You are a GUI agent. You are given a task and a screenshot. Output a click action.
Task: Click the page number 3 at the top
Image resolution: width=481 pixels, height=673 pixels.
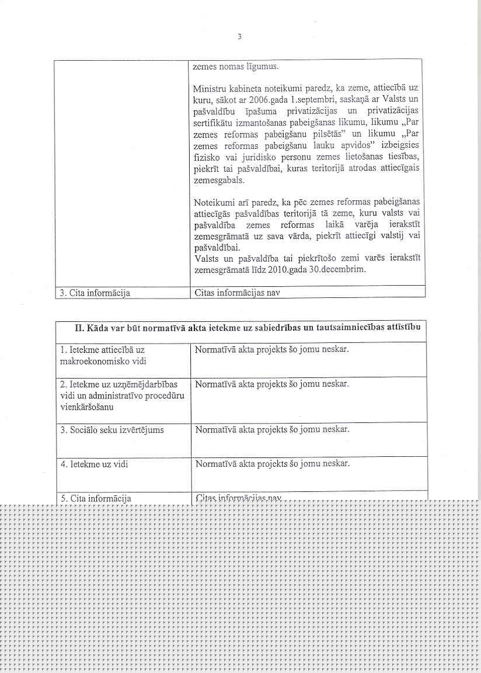point(239,37)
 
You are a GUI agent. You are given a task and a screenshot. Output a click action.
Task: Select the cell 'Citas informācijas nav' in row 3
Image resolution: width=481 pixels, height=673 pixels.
point(236,293)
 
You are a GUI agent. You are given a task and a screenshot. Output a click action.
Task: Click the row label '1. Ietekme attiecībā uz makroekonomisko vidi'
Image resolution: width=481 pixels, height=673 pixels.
point(102,355)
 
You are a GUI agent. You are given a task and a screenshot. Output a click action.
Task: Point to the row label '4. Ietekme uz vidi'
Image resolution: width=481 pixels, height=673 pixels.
point(94,464)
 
